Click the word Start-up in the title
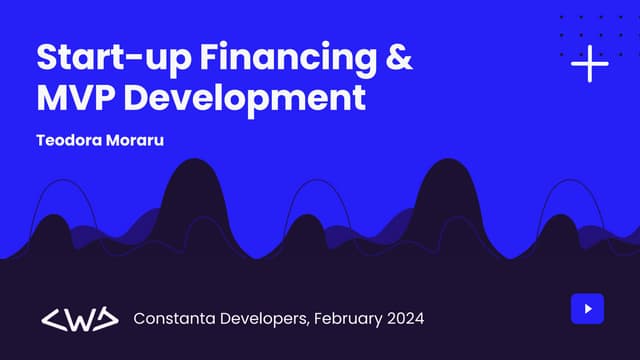click(x=101, y=58)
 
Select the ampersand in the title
click(x=397, y=58)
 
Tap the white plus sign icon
click(x=589, y=64)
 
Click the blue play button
click(x=588, y=309)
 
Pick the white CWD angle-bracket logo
click(x=79, y=319)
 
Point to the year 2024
click(x=406, y=319)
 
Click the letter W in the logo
click(x=79, y=319)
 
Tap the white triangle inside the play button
click(x=588, y=309)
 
